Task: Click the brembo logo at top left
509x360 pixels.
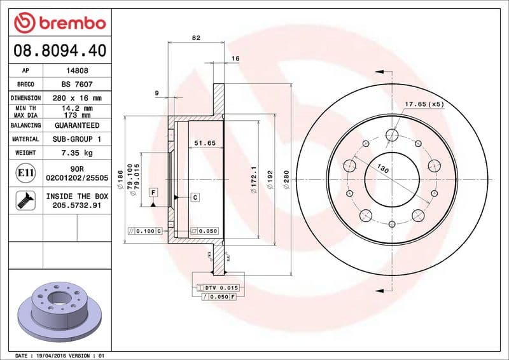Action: click(x=59, y=23)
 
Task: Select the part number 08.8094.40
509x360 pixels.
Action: click(x=59, y=50)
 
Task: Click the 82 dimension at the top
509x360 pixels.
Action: click(x=196, y=38)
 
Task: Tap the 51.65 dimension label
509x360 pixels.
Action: click(x=205, y=144)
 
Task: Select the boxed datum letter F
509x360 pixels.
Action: click(x=153, y=191)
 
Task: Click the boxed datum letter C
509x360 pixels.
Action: click(x=195, y=198)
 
